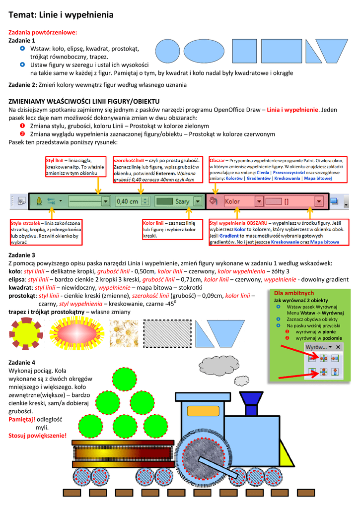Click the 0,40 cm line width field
[x=128, y=201]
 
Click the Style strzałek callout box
[x=46, y=232]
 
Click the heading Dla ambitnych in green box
[x=297, y=293]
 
